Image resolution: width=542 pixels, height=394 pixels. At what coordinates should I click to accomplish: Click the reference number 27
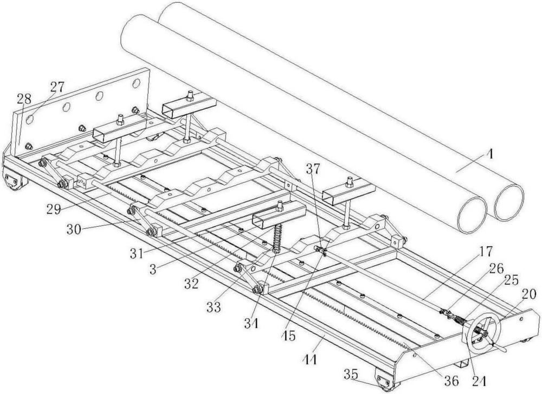pyautogui.click(x=57, y=87)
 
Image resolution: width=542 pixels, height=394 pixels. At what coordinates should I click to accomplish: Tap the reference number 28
pyautogui.click(x=24, y=100)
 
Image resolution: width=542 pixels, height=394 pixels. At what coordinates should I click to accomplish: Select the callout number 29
pyautogui.click(x=54, y=209)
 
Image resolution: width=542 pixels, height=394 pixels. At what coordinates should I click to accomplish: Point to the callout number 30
pyautogui.click(x=74, y=229)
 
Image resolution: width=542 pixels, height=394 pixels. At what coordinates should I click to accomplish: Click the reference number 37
pyautogui.click(x=313, y=169)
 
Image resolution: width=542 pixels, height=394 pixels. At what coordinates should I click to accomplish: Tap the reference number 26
pyautogui.click(x=496, y=268)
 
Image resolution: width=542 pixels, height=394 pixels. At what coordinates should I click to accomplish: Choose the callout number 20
pyautogui.click(x=528, y=294)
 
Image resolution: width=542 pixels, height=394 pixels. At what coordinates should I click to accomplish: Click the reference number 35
pyautogui.click(x=351, y=373)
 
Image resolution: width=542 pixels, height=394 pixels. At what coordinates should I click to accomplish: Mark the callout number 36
pyautogui.click(x=451, y=381)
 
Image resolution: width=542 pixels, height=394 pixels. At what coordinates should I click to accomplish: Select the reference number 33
pyautogui.click(x=214, y=307)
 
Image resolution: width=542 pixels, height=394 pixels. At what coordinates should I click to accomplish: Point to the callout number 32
pyautogui.click(x=191, y=283)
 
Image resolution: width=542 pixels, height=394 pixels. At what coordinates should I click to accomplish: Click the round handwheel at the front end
pyautogui.click(x=481, y=333)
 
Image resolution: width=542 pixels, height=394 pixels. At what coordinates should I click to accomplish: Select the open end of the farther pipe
pyautogui.click(x=509, y=202)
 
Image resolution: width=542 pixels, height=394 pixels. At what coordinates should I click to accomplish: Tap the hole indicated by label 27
pyautogui.click(x=30, y=120)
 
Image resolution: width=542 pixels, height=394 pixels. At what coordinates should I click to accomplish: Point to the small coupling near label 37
pyautogui.click(x=320, y=251)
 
